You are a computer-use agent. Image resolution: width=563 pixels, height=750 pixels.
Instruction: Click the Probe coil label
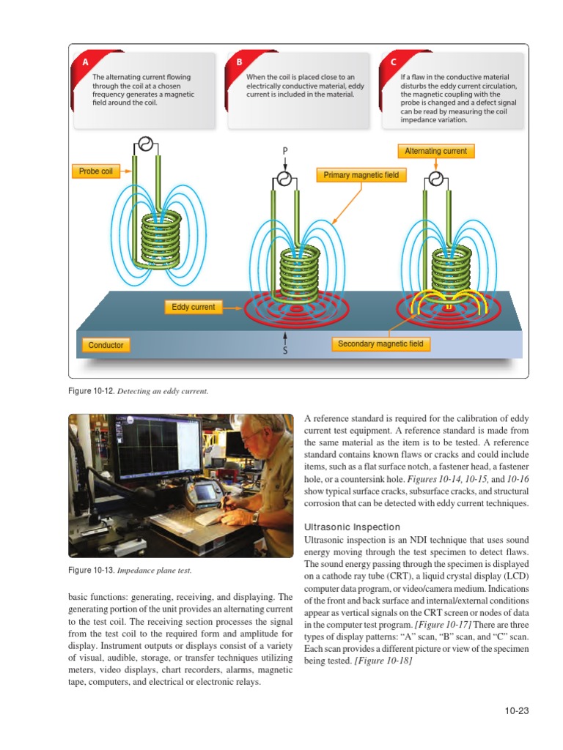[x=96, y=171]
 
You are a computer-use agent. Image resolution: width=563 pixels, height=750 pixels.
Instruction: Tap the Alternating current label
[x=435, y=151]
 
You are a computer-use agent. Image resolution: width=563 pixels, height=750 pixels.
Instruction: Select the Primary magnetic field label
[x=361, y=175]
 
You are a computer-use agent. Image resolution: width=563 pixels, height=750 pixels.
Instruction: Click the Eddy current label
[x=193, y=307]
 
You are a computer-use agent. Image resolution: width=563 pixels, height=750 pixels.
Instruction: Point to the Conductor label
[x=106, y=344]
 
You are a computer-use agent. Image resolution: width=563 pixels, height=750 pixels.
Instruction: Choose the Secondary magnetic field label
[x=380, y=344]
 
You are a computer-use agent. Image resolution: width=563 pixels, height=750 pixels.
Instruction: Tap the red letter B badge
[x=239, y=62]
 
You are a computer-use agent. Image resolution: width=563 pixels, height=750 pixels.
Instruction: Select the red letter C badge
[x=393, y=62]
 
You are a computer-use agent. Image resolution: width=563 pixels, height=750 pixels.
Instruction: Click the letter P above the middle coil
[x=285, y=151]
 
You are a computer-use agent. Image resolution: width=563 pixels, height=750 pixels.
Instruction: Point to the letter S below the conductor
[x=285, y=349]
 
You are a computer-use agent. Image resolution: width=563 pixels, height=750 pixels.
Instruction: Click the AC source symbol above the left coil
[x=146, y=145]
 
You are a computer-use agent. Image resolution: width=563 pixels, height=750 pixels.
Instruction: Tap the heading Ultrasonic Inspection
[x=352, y=527]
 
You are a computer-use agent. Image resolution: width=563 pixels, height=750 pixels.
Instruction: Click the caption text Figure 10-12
[x=90, y=391]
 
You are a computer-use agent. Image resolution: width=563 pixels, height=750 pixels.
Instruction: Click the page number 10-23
[x=517, y=710]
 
